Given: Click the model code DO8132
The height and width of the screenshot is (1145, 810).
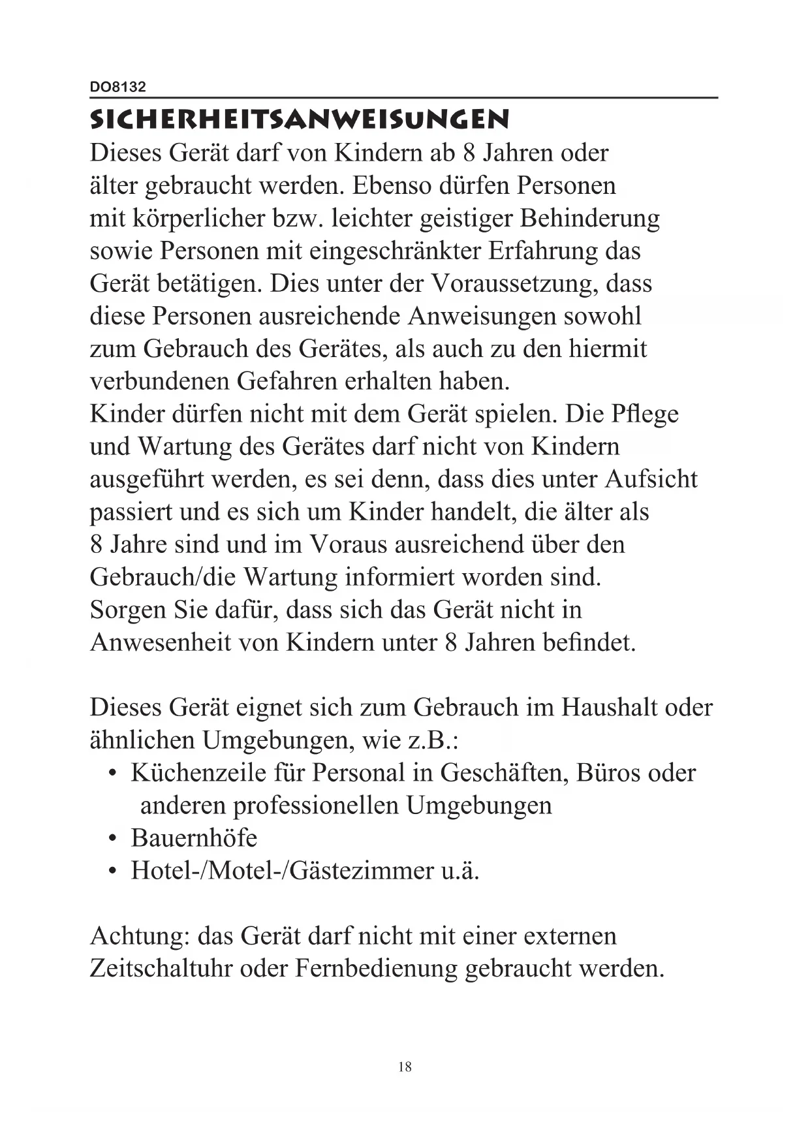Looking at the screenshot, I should point(117,87).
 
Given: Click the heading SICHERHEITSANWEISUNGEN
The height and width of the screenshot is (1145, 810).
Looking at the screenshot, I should point(299,120).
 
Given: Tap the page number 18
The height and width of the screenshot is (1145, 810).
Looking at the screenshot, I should point(405,1067).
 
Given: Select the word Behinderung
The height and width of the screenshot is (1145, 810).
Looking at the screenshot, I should point(589,218).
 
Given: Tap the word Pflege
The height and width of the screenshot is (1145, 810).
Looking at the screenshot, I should point(644,414).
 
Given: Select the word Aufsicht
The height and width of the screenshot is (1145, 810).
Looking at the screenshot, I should point(651,479).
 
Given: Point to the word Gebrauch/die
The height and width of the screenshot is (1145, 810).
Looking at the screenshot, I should point(163,577).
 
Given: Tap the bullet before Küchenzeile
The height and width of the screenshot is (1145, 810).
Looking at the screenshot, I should point(114,774).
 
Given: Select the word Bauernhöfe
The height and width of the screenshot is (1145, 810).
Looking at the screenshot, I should point(194,838).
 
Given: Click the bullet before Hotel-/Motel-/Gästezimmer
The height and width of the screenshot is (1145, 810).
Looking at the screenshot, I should point(114,872).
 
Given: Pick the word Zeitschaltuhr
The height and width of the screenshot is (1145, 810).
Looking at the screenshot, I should point(161,967).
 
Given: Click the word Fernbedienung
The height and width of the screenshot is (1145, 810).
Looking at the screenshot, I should point(376,967).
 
